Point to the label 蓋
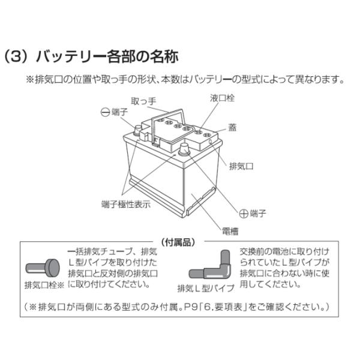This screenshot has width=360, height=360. point(232,127)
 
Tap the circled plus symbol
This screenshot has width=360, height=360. point(244,212)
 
